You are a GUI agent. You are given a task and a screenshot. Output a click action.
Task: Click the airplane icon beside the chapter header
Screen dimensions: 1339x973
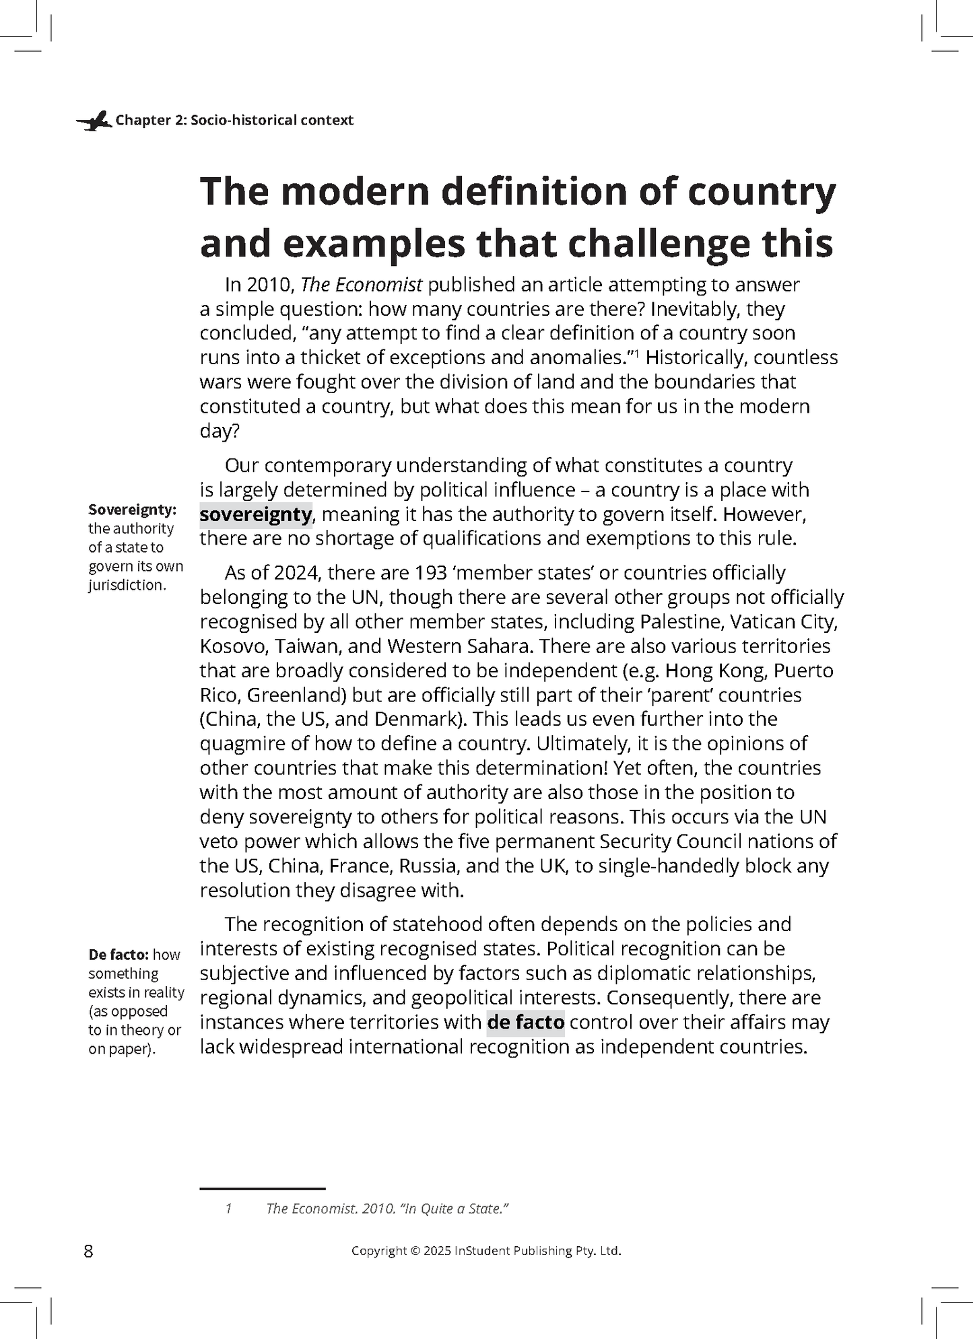[94, 121]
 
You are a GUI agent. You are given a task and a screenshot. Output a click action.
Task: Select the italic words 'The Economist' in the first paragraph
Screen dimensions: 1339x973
[361, 285]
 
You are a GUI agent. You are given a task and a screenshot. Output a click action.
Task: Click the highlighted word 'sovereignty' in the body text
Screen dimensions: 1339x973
[256, 515]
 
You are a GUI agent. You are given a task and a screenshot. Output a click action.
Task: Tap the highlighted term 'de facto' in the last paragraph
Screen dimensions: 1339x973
[525, 1022]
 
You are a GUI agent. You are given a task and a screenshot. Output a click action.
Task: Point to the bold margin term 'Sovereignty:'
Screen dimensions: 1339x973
[132, 510]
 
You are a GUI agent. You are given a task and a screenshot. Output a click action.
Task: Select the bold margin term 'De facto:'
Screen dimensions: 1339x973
[118, 955]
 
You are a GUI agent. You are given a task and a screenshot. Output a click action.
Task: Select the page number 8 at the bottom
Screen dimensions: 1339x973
[88, 1251]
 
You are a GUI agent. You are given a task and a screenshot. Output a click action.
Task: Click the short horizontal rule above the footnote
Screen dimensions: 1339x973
[263, 1189]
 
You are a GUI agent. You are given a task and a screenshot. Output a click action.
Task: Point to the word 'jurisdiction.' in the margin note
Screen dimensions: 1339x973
[127, 585]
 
